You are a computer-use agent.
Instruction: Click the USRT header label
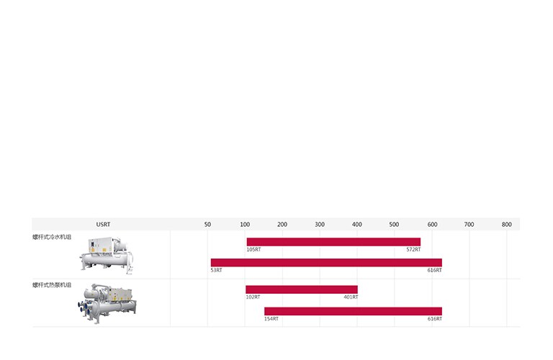coord(103,225)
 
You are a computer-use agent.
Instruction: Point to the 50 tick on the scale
coord(208,225)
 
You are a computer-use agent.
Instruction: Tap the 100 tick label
coord(245,225)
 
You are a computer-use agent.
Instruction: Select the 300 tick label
coord(320,225)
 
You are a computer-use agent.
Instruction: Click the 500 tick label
coord(394,225)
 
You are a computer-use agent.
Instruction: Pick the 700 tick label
coord(469,225)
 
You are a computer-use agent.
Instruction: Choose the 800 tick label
coord(507,225)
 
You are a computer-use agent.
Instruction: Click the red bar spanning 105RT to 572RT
coord(333,242)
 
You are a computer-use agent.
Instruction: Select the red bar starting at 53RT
coord(326,263)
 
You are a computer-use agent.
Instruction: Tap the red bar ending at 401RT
coord(302,290)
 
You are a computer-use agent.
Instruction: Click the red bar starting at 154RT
coord(353,311)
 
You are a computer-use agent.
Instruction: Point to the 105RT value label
coord(253,249)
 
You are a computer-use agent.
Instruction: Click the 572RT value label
coord(413,249)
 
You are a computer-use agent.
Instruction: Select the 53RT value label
coord(216,270)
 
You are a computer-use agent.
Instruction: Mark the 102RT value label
coord(253,297)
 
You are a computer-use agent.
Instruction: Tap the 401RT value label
coord(351,297)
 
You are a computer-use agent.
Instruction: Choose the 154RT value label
coord(271,318)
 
